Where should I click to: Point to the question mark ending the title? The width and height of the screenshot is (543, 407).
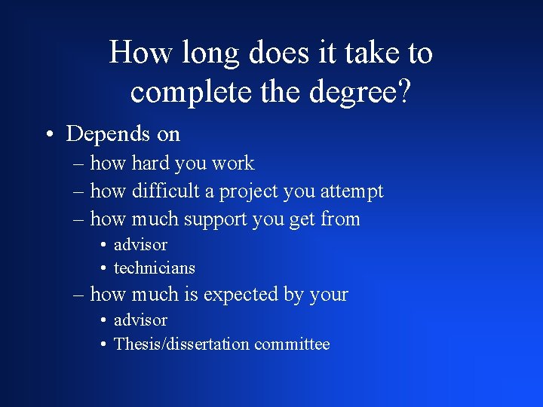tap(404, 91)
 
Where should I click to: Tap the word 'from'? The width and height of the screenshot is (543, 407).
tap(341, 219)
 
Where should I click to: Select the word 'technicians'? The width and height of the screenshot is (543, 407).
tap(154, 268)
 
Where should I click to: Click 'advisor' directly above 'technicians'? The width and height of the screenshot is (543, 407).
tap(140, 244)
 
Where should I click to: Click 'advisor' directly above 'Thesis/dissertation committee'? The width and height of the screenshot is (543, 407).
tap(140, 320)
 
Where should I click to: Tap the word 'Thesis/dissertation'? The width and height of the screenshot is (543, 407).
tap(181, 344)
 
